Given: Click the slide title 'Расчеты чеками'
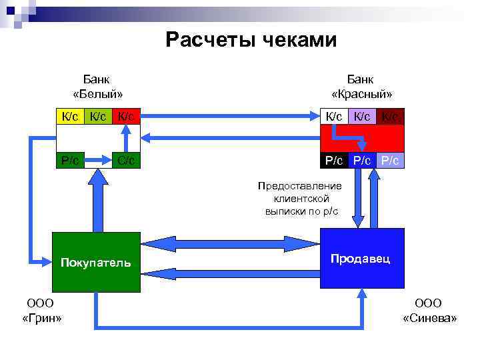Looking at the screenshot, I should tap(251, 41).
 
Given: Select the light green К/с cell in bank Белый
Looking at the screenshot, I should tap(98, 117).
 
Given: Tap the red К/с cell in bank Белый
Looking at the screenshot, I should tap(126, 117).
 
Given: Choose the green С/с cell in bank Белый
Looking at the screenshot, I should tap(126, 160).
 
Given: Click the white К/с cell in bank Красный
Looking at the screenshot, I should tap(334, 117).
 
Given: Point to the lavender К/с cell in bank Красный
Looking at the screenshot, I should tap(362, 117).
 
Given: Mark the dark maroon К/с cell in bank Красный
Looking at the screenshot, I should tap(391, 117).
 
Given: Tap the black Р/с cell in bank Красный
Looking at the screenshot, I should tap(334, 160).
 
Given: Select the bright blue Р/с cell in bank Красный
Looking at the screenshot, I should tap(362, 160).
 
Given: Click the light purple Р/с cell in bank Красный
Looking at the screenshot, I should tap(391, 160).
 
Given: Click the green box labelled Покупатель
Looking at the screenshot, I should tap(97, 261).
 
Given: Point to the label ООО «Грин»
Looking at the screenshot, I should tap(42, 311).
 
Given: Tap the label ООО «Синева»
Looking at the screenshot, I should tap(430, 311).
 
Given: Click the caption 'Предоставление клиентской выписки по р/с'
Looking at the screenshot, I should tap(301, 198).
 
